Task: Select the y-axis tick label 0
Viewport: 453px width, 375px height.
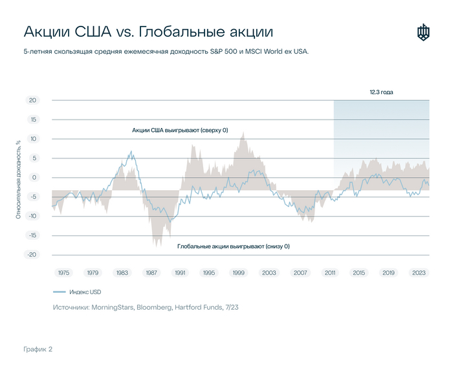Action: click(34, 177)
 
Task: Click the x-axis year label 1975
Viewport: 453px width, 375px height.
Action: click(63, 273)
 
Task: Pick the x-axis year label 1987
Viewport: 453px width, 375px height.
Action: click(152, 273)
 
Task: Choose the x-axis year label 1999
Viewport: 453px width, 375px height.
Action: click(239, 273)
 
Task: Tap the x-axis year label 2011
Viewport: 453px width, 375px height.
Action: click(329, 273)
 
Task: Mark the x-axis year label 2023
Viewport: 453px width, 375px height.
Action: click(417, 273)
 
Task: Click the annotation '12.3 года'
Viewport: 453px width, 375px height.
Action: click(381, 92)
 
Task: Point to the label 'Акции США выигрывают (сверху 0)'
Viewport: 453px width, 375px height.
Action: click(180, 130)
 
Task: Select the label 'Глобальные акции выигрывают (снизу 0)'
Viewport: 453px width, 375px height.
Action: click(234, 246)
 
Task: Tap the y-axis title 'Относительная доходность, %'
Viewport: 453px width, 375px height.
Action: click(19, 177)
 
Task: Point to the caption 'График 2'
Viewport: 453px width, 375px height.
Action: click(38, 349)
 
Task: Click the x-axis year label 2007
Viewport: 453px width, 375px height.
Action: click(300, 273)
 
